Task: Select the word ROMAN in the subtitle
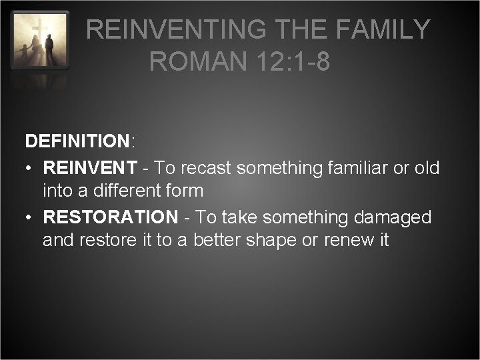click(194, 62)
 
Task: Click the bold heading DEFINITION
click(77, 141)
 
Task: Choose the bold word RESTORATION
click(111, 217)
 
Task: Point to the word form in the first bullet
click(185, 191)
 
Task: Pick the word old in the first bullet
click(427, 168)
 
